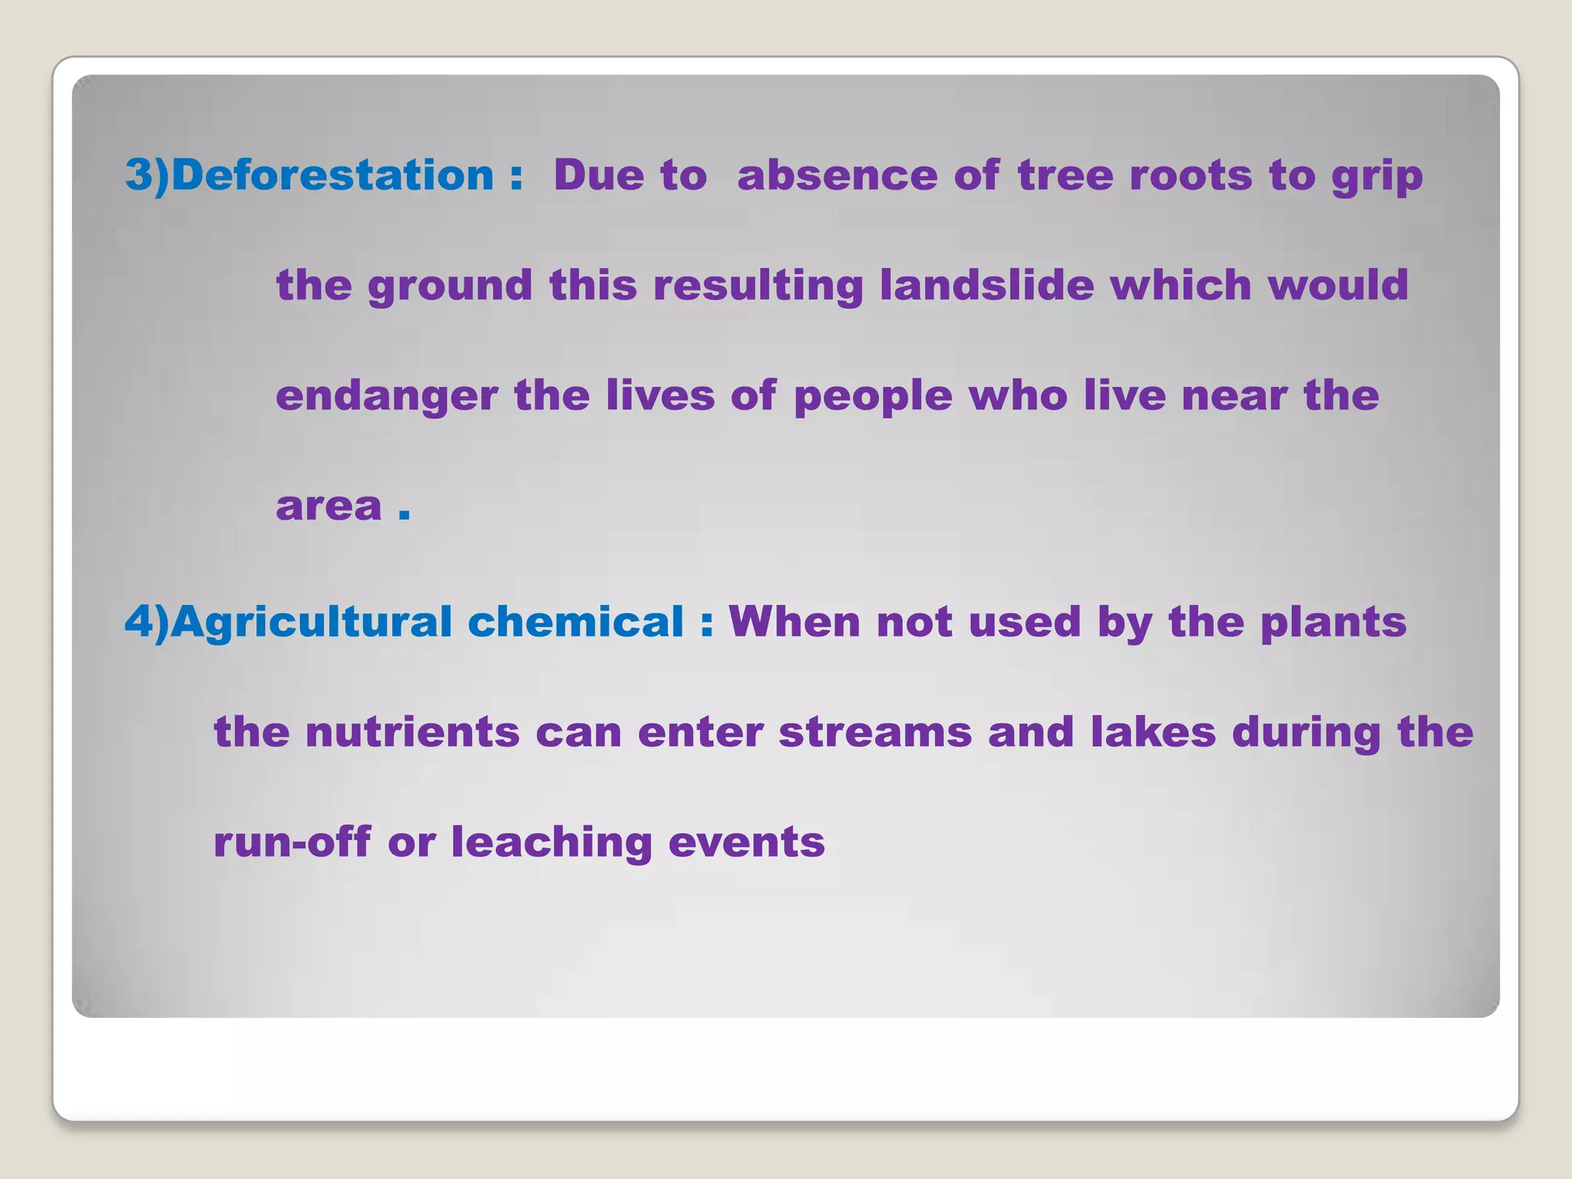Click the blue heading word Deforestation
[332, 175]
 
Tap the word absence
[837, 175]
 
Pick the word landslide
[986, 285]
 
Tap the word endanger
[387, 397]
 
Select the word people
[873, 397]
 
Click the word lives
[660, 395]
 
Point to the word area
[329, 507]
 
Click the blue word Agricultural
[311, 622]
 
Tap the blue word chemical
[575, 621]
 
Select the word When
[794, 621]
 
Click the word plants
[1333, 623]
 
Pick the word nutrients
[412, 732]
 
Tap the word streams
[875, 732]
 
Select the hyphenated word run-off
[292, 841]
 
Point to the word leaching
[551, 843]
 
